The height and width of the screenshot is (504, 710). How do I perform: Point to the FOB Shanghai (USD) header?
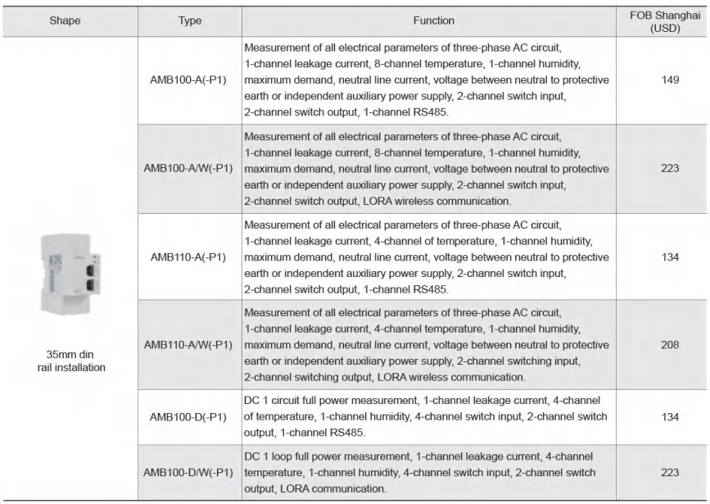(663, 20)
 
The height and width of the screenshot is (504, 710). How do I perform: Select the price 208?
(663, 345)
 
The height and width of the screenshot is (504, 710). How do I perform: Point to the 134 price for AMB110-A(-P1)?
(663, 257)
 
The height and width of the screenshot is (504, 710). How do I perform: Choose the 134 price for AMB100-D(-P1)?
(663, 415)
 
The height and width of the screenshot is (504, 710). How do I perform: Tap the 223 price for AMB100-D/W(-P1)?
(663, 473)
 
